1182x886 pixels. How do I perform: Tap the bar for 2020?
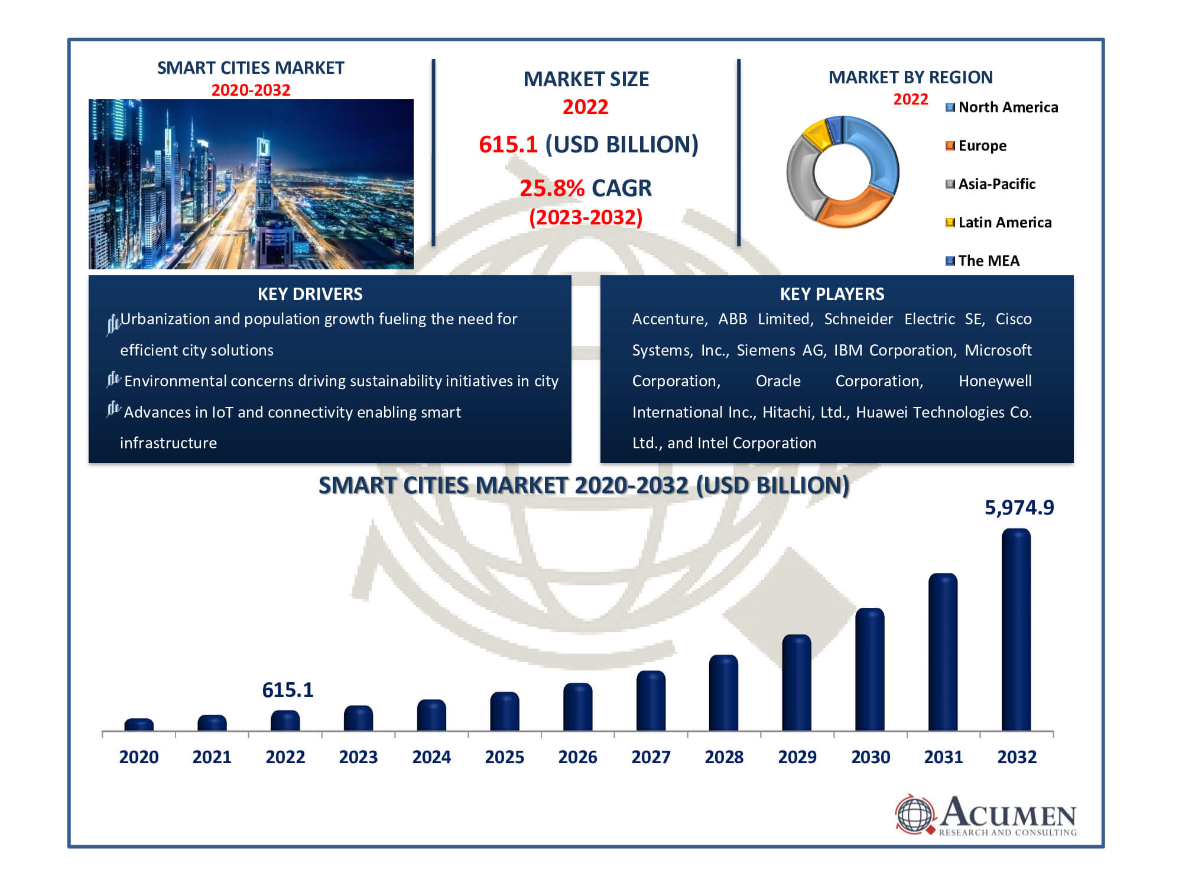pyautogui.click(x=139, y=725)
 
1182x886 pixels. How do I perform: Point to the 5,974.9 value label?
pyautogui.click(x=1019, y=507)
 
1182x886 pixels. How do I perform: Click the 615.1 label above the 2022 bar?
pyautogui.click(x=287, y=690)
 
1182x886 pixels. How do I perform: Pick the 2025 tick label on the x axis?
pyautogui.click(x=504, y=757)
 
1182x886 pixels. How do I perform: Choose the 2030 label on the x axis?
pyautogui.click(x=870, y=757)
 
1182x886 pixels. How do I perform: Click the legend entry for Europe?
pyautogui.click(x=982, y=146)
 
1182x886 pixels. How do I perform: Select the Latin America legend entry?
pyautogui.click(x=1004, y=223)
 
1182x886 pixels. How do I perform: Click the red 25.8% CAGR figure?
pyautogui.click(x=551, y=188)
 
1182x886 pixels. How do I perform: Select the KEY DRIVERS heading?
pyautogui.click(x=310, y=294)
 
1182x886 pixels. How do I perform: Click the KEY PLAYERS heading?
pyautogui.click(x=832, y=294)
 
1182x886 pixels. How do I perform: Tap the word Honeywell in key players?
pyautogui.click(x=995, y=381)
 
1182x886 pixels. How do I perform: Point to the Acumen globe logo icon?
pyautogui.click(x=915, y=815)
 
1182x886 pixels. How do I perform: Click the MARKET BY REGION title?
pyautogui.click(x=910, y=77)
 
